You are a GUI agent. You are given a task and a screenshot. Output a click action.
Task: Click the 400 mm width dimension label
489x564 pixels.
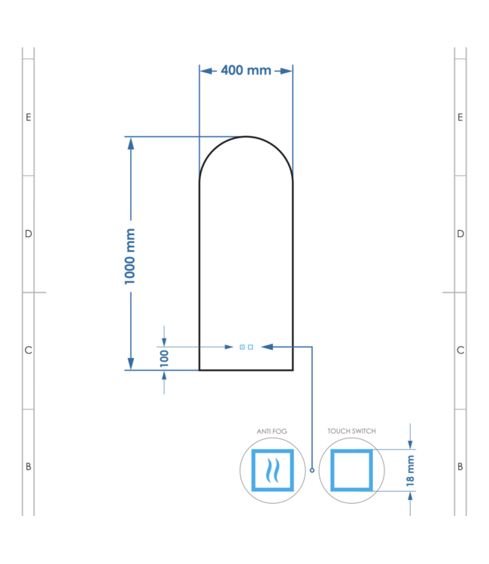pyautogui.click(x=246, y=71)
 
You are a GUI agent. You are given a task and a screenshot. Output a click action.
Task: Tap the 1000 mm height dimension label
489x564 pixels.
pyautogui.click(x=130, y=256)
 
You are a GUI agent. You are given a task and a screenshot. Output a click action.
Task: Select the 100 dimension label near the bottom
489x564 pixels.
pyautogui.click(x=164, y=358)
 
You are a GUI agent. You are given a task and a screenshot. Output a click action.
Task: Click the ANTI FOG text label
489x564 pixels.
pyautogui.click(x=272, y=432)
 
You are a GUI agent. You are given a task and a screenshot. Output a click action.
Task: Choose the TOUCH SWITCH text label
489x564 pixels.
pyautogui.click(x=351, y=432)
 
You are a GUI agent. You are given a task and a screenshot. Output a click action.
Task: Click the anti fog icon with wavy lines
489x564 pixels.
pyautogui.click(x=272, y=470)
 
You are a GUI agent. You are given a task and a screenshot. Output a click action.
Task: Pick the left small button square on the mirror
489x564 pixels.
pyautogui.click(x=242, y=347)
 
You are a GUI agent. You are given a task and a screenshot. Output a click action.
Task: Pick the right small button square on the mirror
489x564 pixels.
pyautogui.click(x=251, y=347)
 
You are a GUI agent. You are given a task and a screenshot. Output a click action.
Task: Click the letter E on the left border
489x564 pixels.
pyautogui.click(x=29, y=117)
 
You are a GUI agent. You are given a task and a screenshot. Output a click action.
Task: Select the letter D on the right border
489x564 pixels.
pyautogui.click(x=460, y=234)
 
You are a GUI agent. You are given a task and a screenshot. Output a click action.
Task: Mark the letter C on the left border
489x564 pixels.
pyautogui.click(x=29, y=350)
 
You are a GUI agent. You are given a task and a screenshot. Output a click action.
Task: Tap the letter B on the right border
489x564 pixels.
pyautogui.click(x=460, y=467)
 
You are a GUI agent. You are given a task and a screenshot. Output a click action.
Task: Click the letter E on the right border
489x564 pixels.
pyautogui.click(x=460, y=117)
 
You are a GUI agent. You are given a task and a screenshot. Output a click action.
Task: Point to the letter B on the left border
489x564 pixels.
pyautogui.click(x=29, y=467)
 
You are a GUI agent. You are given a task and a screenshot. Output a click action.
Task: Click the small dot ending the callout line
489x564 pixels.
pyautogui.click(x=311, y=470)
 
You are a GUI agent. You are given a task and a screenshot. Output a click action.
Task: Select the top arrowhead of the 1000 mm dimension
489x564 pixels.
pyautogui.click(x=130, y=144)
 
